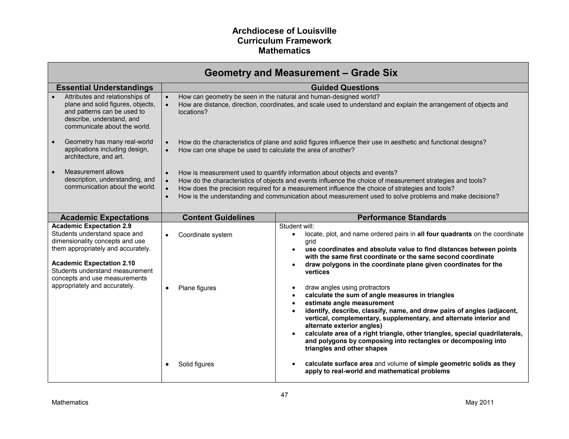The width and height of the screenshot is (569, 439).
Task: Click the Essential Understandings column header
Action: (104, 88)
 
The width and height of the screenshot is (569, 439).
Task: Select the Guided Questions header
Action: (345, 88)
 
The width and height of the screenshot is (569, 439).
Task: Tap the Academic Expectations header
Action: (104, 218)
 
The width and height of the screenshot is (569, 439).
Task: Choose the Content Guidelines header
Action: (218, 218)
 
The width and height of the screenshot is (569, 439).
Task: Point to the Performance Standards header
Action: (402, 218)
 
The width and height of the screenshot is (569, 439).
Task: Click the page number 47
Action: (284, 395)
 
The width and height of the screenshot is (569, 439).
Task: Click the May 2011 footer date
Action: (480, 402)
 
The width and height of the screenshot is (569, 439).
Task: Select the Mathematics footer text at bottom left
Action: (70, 402)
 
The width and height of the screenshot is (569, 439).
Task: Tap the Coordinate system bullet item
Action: (205, 235)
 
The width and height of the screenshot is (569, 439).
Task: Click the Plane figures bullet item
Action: (197, 288)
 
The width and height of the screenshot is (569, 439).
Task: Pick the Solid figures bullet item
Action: (196, 364)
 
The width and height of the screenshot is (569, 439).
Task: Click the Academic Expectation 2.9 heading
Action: (91, 226)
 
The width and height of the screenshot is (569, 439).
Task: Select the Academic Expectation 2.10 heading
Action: (93, 263)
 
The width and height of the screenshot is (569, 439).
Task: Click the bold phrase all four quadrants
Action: (444, 234)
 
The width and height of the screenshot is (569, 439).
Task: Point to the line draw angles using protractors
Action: (347, 287)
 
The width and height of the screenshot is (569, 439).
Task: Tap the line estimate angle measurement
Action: (349, 303)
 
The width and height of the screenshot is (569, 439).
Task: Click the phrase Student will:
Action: (296, 226)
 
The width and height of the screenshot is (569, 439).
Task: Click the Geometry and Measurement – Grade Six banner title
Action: (301, 73)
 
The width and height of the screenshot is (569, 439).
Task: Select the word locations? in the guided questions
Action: (193, 112)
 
